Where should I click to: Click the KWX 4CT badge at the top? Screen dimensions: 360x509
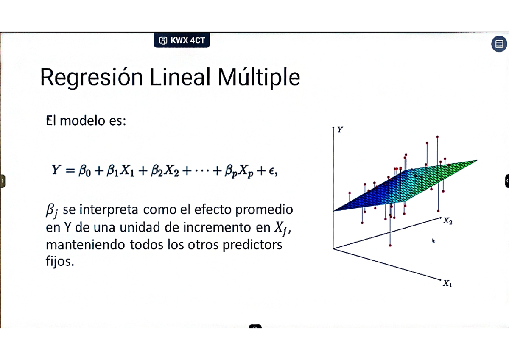coord(182,41)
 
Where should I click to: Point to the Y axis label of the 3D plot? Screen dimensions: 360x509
coord(340,130)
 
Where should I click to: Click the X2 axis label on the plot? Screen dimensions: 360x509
coord(447,221)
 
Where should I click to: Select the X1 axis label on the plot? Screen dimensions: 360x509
coord(447,284)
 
